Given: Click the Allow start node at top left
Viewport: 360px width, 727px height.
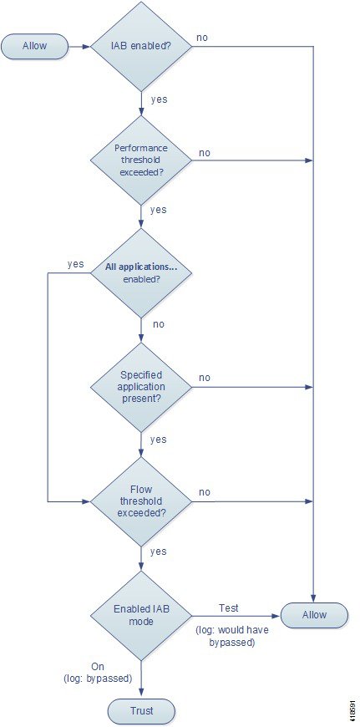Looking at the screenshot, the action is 35,46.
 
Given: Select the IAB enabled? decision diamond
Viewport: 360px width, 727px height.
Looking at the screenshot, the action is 140,46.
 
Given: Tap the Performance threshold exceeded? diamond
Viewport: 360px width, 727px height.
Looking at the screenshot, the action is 140,160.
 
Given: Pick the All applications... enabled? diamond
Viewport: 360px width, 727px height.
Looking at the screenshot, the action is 140,273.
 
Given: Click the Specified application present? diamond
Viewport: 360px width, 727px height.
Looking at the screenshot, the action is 140,387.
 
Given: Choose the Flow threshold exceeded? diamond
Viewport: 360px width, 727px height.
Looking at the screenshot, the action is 140,501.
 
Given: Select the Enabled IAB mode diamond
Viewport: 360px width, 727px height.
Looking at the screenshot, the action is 140,616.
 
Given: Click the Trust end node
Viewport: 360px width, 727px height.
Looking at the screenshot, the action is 141,709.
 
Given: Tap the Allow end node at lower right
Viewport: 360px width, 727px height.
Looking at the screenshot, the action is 314,615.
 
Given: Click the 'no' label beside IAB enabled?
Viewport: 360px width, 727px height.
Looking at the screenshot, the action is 202,38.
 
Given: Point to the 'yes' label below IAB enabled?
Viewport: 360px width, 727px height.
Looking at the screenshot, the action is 159,99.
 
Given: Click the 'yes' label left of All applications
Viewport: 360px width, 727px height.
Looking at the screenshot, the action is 75,264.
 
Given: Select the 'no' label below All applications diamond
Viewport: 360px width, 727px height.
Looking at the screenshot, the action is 159,324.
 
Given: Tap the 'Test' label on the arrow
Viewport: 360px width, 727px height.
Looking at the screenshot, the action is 228,608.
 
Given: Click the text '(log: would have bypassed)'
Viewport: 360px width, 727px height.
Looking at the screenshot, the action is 232,637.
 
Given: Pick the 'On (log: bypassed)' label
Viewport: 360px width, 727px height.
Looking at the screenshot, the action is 98,673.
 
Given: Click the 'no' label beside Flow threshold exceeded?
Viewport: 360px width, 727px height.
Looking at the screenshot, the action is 205,492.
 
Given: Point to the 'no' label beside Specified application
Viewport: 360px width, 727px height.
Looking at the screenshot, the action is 205,378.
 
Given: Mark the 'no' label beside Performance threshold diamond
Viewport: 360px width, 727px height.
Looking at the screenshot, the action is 205,153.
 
